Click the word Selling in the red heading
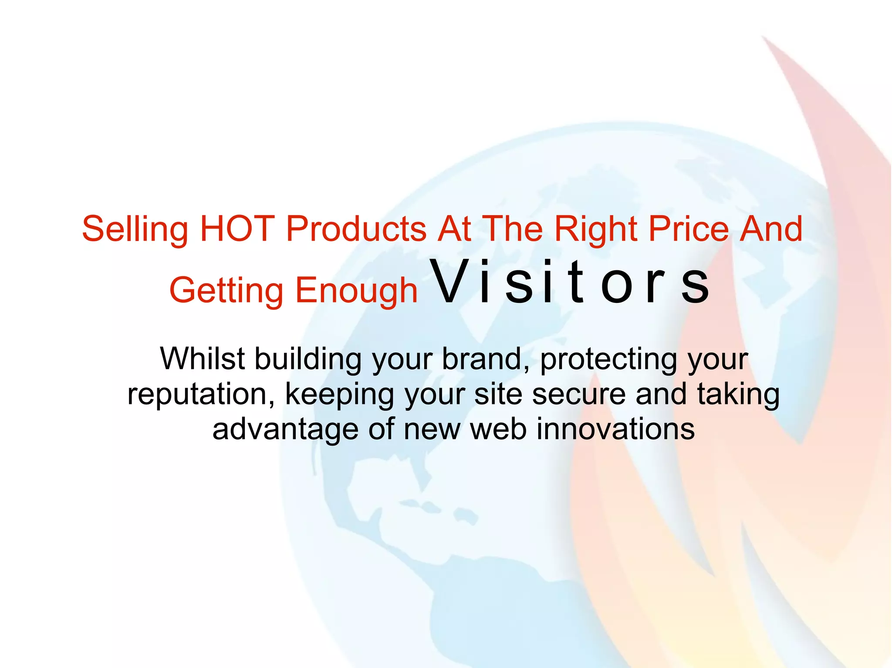click(135, 230)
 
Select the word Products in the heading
click(356, 229)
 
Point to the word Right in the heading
click(596, 230)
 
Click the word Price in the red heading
click(689, 229)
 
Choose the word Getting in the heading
click(226, 291)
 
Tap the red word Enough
click(357, 291)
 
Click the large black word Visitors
click(570, 282)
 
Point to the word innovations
click(615, 429)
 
